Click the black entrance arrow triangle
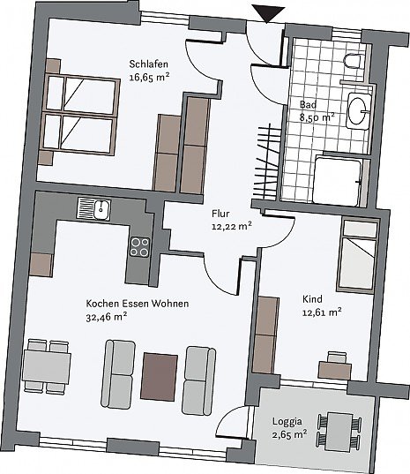268,12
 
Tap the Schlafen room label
148,64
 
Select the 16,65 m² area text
149,77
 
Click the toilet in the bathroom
352,61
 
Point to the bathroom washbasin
359,111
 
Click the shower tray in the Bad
337,181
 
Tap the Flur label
220,214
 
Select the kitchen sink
93,209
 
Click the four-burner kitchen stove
140,247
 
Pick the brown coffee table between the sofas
159,377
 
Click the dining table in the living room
47,366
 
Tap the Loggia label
287,421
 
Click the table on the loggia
339,432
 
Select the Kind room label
312,299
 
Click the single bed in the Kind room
358,256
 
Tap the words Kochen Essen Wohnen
138,304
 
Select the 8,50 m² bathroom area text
317,117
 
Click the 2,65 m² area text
289,434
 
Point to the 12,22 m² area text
232,227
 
